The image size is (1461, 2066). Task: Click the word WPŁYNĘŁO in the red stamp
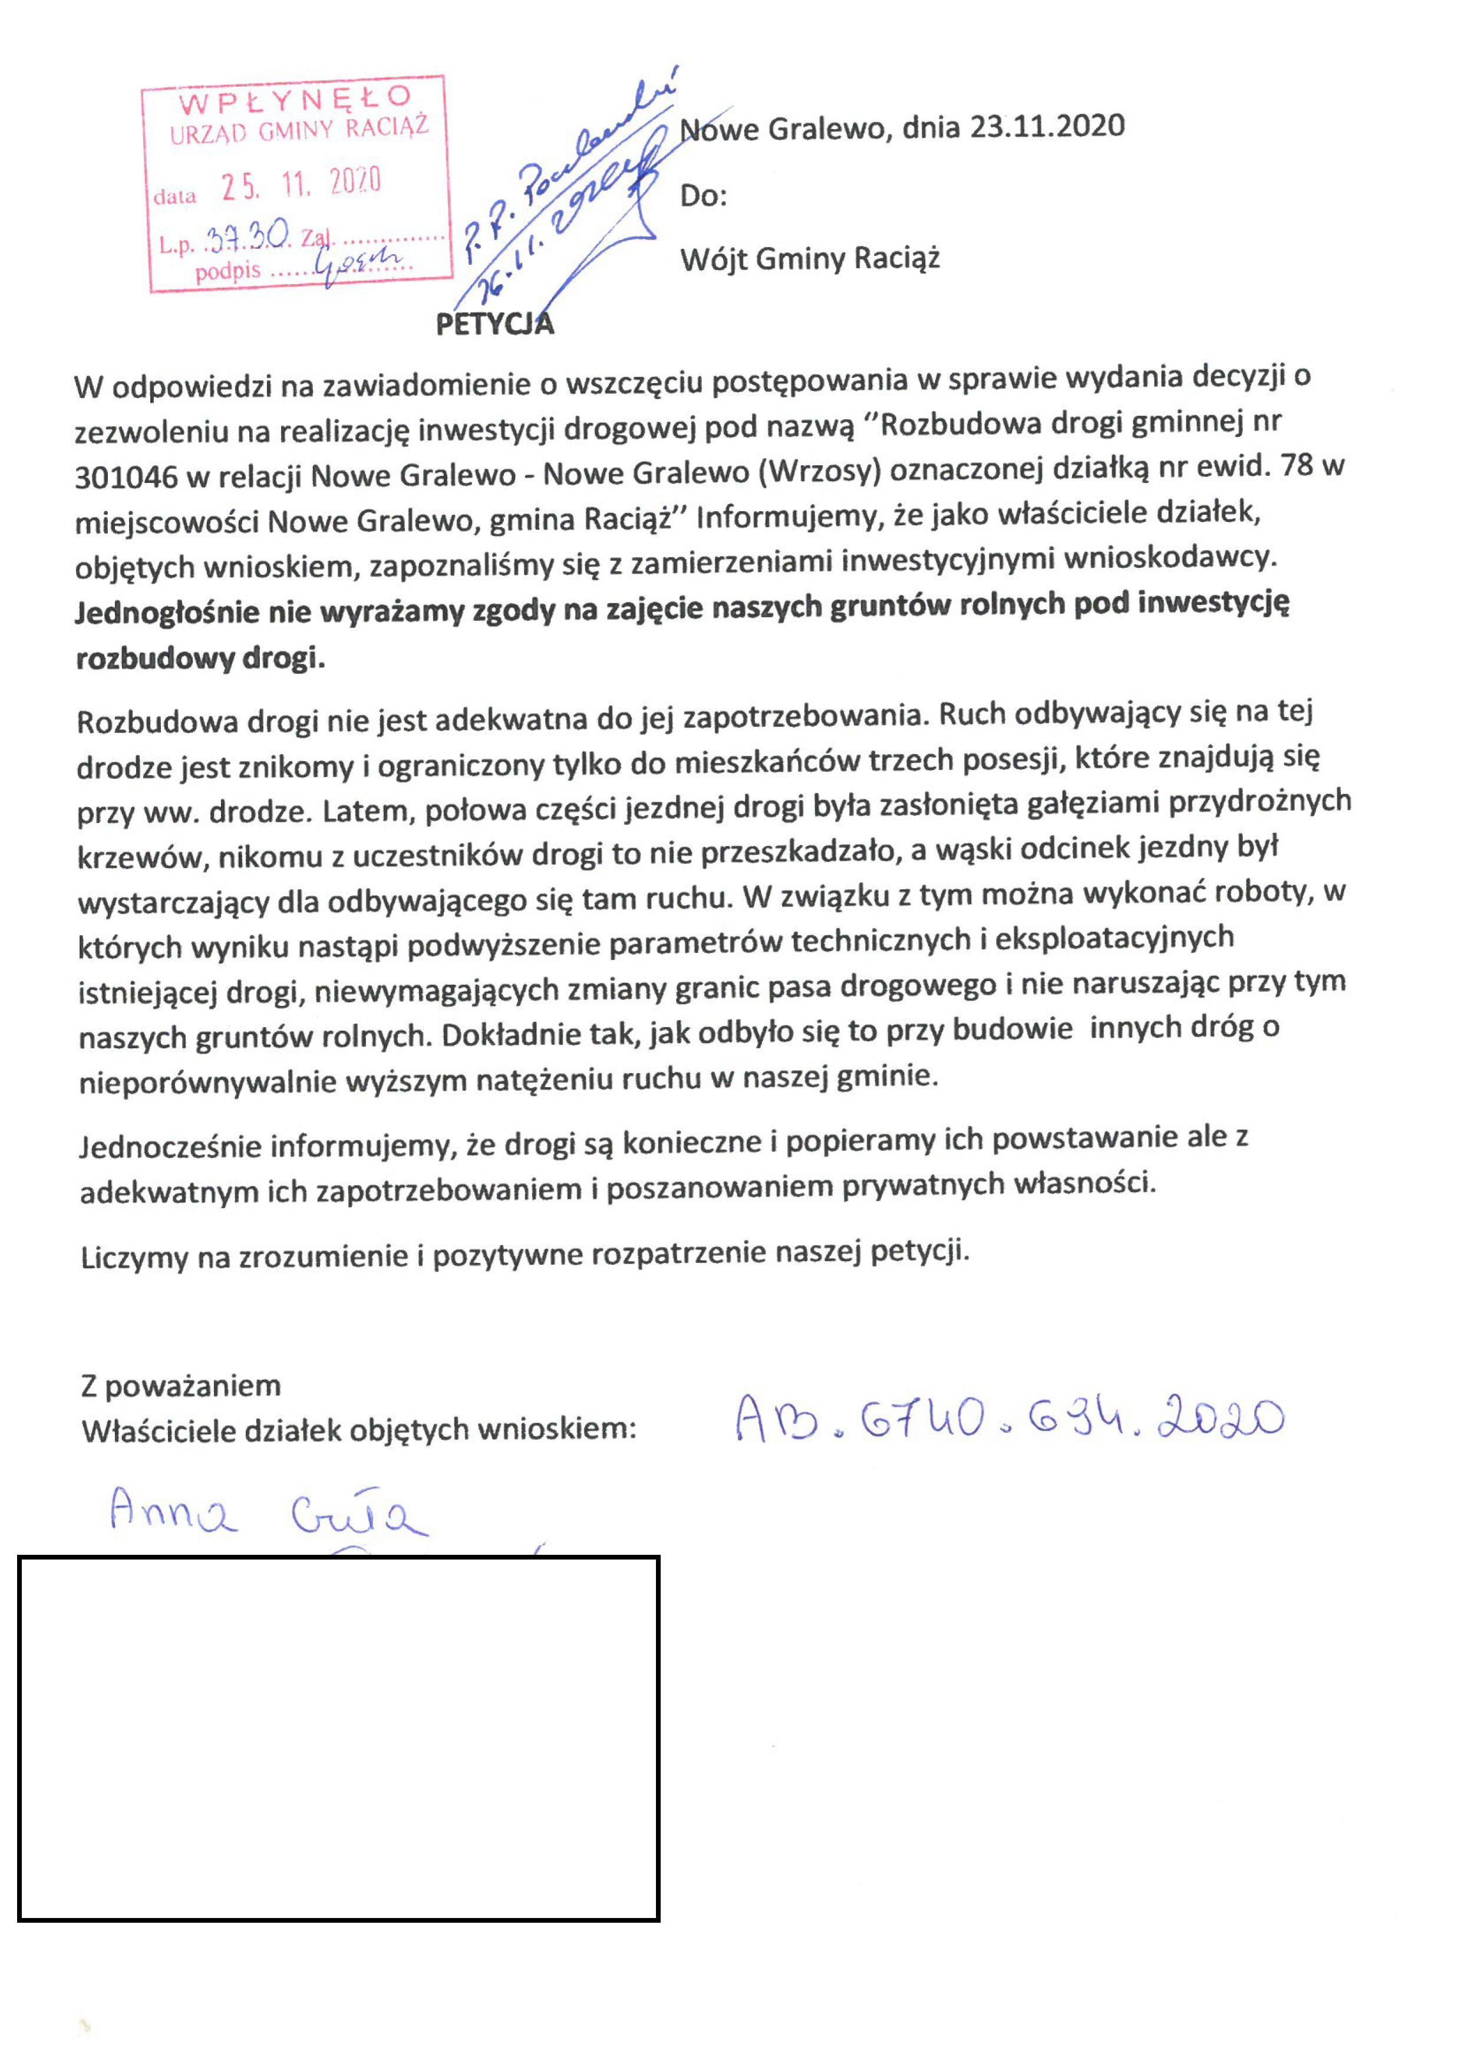coord(294,99)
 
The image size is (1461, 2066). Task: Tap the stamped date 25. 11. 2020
coord(301,185)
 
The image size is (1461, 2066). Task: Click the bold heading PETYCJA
coord(494,324)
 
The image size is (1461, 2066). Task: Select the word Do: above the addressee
coord(704,195)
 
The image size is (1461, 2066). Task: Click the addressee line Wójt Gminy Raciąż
coord(810,259)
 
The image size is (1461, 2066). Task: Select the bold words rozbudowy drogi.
coord(200,659)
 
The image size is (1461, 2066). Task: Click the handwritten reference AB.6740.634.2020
coord(1010,1420)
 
